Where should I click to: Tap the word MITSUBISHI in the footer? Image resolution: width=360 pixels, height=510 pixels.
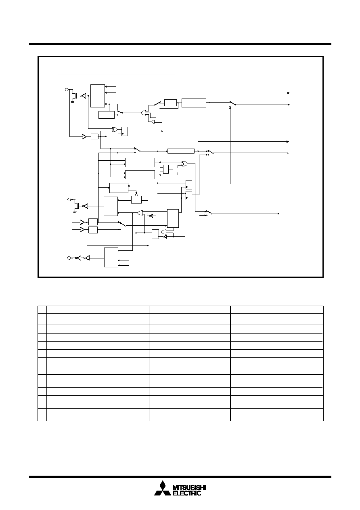tap(189, 486)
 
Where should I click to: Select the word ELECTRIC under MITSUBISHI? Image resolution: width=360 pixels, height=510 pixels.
tap(187, 491)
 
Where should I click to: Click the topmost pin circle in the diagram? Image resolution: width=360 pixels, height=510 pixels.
tap(67, 90)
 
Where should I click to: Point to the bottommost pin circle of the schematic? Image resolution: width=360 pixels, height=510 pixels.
tap(69, 258)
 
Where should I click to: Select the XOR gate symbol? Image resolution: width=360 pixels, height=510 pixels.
tap(115, 130)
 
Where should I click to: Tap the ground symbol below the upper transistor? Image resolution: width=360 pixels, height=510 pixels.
tap(72, 103)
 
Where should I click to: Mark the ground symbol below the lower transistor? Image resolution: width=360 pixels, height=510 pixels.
tap(75, 212)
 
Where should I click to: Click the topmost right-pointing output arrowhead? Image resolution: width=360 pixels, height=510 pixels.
tap(289, 93)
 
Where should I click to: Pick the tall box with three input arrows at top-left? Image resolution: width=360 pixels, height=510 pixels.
tap(98, 96)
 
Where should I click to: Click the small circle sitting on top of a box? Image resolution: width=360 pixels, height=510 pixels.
tap(136, 195)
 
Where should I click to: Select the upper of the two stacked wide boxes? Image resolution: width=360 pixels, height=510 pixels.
tap(140, 162)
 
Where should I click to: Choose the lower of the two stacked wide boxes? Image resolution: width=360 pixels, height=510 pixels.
tap(140, 174)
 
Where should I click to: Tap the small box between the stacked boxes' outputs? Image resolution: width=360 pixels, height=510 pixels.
tap(166, 169)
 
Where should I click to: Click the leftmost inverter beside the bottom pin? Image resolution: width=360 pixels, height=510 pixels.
tap(79, 258)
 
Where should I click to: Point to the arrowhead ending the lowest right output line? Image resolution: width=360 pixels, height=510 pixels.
tap(278, 214)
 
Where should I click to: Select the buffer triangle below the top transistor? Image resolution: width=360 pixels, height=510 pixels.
tap(84, 136)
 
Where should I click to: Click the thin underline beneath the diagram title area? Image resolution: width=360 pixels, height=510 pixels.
tap(116, 74)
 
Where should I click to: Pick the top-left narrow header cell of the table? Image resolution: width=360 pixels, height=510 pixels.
tap(42, 310)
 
